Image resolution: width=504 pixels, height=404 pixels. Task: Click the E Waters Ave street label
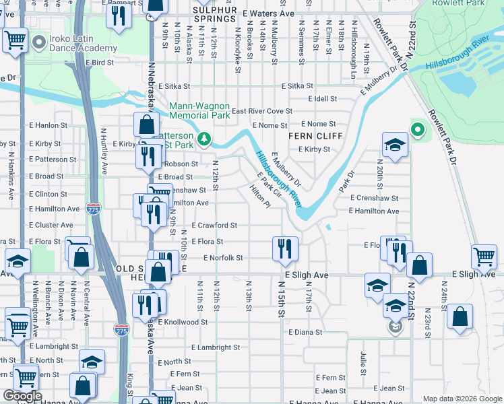269,13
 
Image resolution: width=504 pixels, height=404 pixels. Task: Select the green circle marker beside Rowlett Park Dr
417,130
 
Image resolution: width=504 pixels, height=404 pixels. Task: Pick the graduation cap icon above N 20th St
395,144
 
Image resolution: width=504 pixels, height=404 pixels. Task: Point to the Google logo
22,396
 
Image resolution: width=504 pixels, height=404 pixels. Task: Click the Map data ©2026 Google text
462,399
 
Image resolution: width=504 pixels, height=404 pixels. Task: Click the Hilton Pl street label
260,197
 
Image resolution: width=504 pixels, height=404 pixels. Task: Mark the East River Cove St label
261,111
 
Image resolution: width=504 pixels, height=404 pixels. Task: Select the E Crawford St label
214,225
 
